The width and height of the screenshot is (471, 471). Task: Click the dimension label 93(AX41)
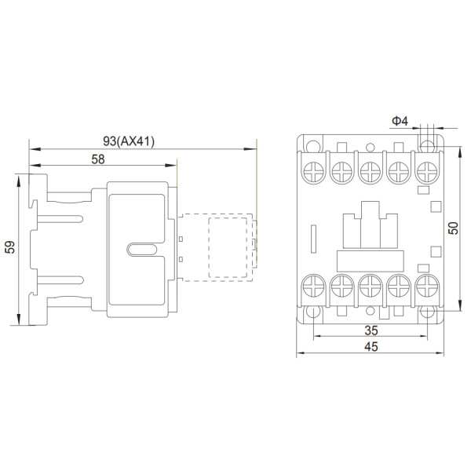click(x=130, y=141)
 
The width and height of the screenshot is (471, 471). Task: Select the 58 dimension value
click(x=98, y=159)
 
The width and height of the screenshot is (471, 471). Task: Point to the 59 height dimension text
click(x=9, y=248)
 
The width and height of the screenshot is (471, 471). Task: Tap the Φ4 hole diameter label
click(x=400, y=121)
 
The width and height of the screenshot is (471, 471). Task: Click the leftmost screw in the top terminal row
click(x=312, y=170)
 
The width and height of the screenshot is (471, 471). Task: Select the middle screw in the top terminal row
click(x=369, y=170)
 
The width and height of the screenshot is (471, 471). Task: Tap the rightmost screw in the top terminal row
click(x=426, y=170)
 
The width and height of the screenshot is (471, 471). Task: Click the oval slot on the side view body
click(x=141, y=250)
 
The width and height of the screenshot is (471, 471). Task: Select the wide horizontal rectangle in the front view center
click(x=369, y=259)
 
